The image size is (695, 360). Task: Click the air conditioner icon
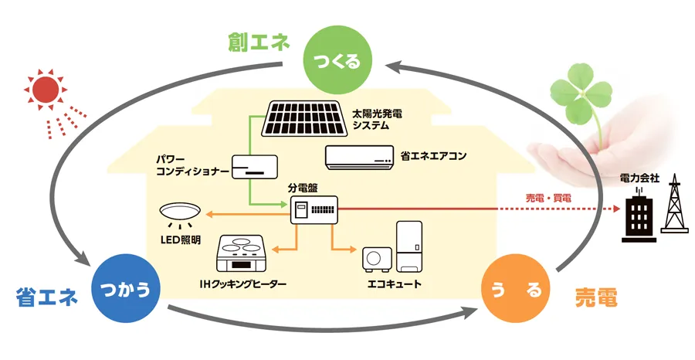point(359,157)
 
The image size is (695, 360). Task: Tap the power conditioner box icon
point(254,167)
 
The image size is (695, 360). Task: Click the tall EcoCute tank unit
point(409,246)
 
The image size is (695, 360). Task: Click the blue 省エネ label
point(46,297)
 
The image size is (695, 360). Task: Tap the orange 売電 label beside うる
point(596,297)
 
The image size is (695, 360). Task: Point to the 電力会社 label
point(639,178)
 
